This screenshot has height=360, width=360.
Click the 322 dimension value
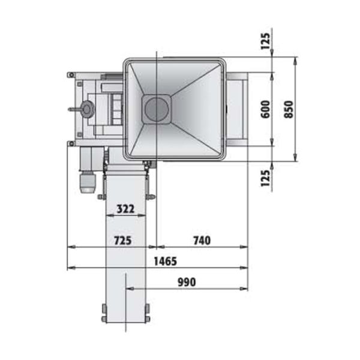tap(125, 209)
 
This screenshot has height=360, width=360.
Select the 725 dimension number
tap(123, 241)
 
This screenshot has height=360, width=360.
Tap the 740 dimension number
tap(202, 241)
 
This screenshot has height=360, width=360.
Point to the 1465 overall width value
tap(166, 261)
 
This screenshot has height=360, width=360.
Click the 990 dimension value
tap(187, 282)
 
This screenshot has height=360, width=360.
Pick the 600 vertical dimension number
tap(266, 109)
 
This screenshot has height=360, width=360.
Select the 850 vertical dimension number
tap(289, 110)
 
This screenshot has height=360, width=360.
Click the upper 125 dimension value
tap(265, 41)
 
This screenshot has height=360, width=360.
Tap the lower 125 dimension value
tap(265, 178)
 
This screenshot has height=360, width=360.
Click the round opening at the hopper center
tap(157, 109)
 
